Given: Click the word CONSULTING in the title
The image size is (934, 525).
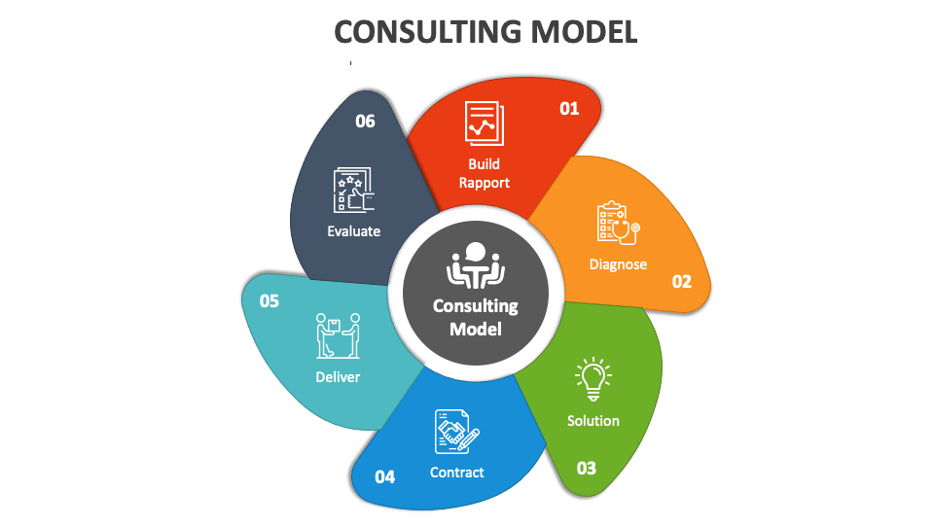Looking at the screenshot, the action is tap(428, 32).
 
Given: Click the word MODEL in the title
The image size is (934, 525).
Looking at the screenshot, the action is tap(585, 32).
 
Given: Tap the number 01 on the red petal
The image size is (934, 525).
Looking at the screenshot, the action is tap(569, 108).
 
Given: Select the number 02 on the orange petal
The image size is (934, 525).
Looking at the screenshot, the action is tap(682, 282).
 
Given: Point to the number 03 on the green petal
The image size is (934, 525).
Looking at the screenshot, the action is tap(587, 469).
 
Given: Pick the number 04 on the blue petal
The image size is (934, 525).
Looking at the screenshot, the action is tap(385, 476).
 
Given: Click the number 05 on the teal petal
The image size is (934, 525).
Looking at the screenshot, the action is tap(269, 301).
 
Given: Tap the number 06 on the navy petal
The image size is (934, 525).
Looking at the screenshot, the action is tap(365, 122).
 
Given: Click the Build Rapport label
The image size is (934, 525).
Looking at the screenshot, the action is tap(485, 173).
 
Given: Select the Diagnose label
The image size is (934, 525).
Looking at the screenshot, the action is tap(619, 264).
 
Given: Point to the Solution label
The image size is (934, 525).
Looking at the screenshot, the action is tap(593, 421).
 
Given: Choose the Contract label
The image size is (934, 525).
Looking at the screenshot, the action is tap(457, 472).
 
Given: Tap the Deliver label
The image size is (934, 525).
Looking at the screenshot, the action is tap(338, 377).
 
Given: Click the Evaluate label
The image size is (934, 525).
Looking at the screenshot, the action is tap(354, 231).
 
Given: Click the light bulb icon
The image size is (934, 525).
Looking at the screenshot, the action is tap(593, 379).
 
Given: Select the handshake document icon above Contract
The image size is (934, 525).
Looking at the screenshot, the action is tap(457, 432).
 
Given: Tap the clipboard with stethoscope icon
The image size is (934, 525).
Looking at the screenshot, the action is tap(619, 224).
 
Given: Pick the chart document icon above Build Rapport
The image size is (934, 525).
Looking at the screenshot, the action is tap(485, 123).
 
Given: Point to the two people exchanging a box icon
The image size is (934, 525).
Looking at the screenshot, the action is tap(338, 335).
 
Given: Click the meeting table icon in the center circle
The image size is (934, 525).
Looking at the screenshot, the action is tap(476, 264).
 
